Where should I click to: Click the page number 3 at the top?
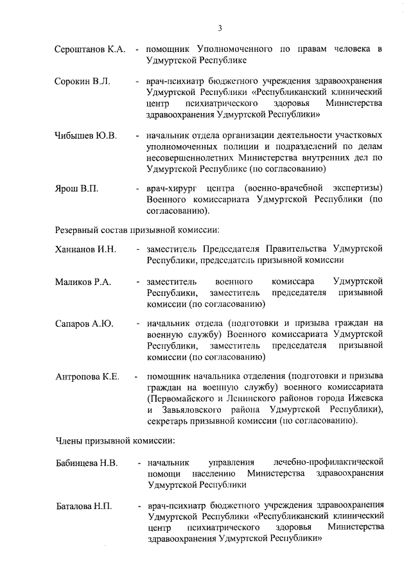[220, 28]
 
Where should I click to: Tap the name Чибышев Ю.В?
[85, 136]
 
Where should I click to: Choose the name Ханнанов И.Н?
[85, 250]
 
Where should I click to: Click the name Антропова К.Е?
[87, 376]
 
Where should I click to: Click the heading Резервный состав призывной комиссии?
[138, 229]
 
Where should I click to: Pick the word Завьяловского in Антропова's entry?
[190, 409]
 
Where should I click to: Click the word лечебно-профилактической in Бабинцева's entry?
[329, 462]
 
